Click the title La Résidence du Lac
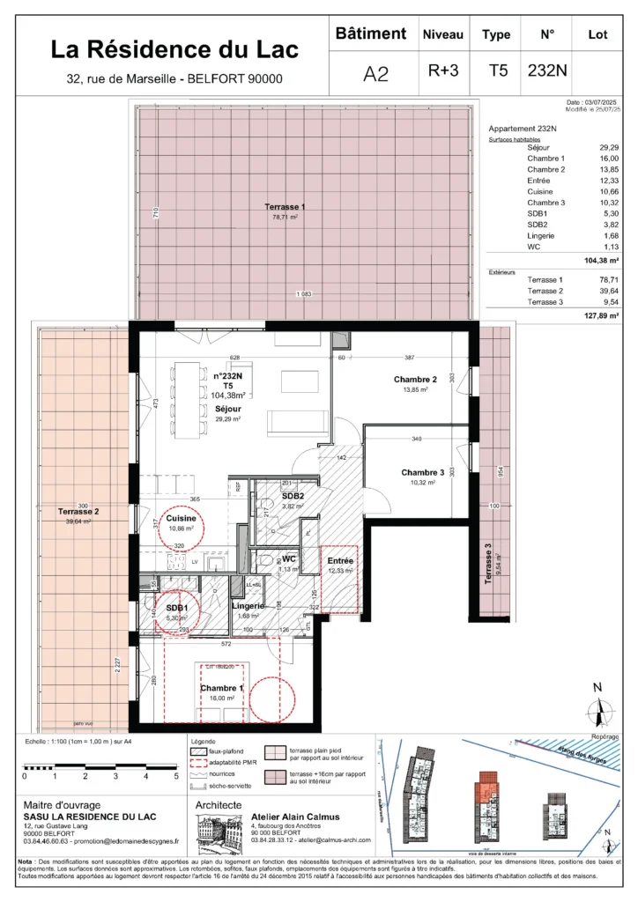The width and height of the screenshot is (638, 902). click(x=174, y=48)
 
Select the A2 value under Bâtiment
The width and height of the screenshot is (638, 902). click(x=375, y=74)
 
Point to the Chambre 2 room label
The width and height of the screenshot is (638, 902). click(x=410, y=381)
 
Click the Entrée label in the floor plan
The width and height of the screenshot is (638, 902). click(x=340, y=560)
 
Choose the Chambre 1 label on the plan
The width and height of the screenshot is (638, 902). click(x=219, y=688)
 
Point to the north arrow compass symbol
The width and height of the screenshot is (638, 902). click(x=598, y=710)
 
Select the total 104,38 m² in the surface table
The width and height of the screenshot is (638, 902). click(x=602, y=262)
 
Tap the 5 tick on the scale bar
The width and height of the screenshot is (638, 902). click(x=175, y=777)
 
